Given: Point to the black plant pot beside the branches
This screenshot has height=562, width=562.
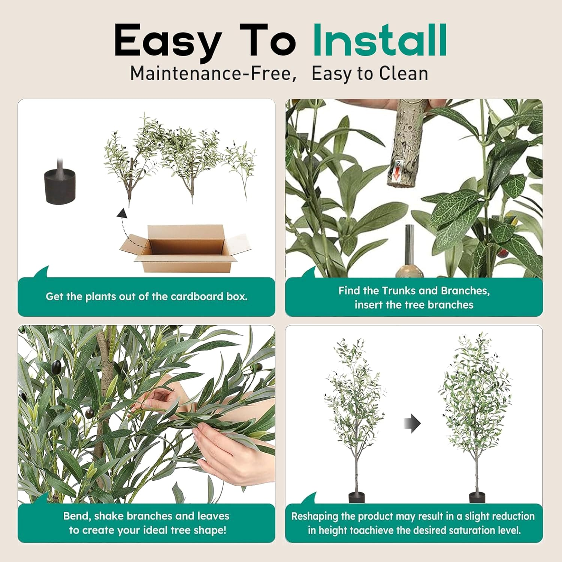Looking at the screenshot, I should tap(60, 186).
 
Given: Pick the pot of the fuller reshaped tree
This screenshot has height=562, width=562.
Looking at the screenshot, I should tap(477, 498).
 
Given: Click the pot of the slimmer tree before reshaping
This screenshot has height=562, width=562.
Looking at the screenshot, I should tap(356, 498).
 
